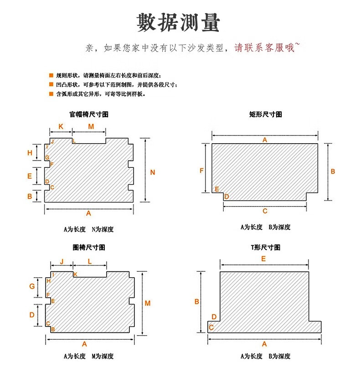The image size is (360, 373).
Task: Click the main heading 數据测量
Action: [179, 22]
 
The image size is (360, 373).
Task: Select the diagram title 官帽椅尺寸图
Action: [89, 114]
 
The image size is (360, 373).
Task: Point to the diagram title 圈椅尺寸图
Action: [89, 247]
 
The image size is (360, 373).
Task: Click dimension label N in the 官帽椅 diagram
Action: [153, 172]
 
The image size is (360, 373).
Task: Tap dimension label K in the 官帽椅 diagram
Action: [61, 126]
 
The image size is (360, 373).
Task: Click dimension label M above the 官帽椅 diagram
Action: [91, 126]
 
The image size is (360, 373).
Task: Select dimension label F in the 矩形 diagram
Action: [202, 171]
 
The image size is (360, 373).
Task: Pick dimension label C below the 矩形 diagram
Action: [265, 211]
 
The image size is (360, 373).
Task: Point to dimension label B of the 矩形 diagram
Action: [333, 171]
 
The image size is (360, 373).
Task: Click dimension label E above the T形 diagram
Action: [263, 259]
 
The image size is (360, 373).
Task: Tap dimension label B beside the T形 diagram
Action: [197, 301]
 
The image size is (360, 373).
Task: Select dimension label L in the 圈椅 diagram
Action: [90, 261]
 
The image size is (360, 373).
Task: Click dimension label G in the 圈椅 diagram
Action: [32, 286]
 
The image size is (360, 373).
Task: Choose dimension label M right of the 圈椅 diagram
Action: [148, 303]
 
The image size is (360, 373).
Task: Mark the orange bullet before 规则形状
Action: [51, 75]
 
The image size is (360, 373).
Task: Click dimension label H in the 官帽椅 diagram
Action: [30, 153]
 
